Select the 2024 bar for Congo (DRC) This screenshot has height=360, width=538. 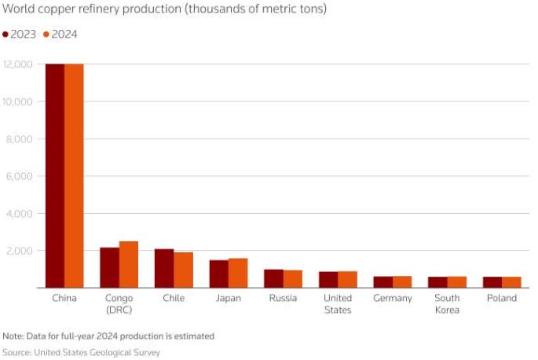[129, 264]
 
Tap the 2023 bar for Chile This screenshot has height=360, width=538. [164, 268]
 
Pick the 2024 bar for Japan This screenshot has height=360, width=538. [238, 273]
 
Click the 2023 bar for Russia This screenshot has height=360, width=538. [273, 278]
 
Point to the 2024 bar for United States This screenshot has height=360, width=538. [347, 280]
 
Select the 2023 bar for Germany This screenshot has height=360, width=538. [382, 282]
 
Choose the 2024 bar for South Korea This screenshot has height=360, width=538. [457, 282]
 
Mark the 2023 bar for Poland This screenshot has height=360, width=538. [492, 282]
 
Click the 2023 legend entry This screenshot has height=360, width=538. [20, 34]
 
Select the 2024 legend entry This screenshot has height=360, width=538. [60, 34]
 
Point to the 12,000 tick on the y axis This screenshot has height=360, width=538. [18, 64]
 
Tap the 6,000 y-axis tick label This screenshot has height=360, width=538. [20, 176]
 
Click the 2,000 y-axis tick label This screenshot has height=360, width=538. [20, 251]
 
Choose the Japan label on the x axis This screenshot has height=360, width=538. [229, 299]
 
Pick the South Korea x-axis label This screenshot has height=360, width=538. [448, 304]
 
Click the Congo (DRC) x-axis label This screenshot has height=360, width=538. [119, 304]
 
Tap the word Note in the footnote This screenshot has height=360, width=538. [13, 336]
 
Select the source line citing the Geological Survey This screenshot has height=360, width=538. [82, 353]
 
